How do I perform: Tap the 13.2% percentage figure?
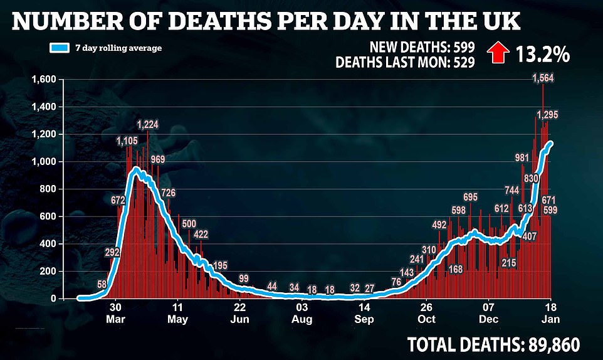[x=543, y=55]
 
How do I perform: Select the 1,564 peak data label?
[x=542, y=78]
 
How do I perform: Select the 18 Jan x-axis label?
[x=551, y=314]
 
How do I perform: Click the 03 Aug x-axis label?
[x=302, y=314]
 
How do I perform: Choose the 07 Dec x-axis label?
[x=488, y=314]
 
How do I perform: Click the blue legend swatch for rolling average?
[x=60, y=48]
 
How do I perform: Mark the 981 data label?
[x=522, y=158]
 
